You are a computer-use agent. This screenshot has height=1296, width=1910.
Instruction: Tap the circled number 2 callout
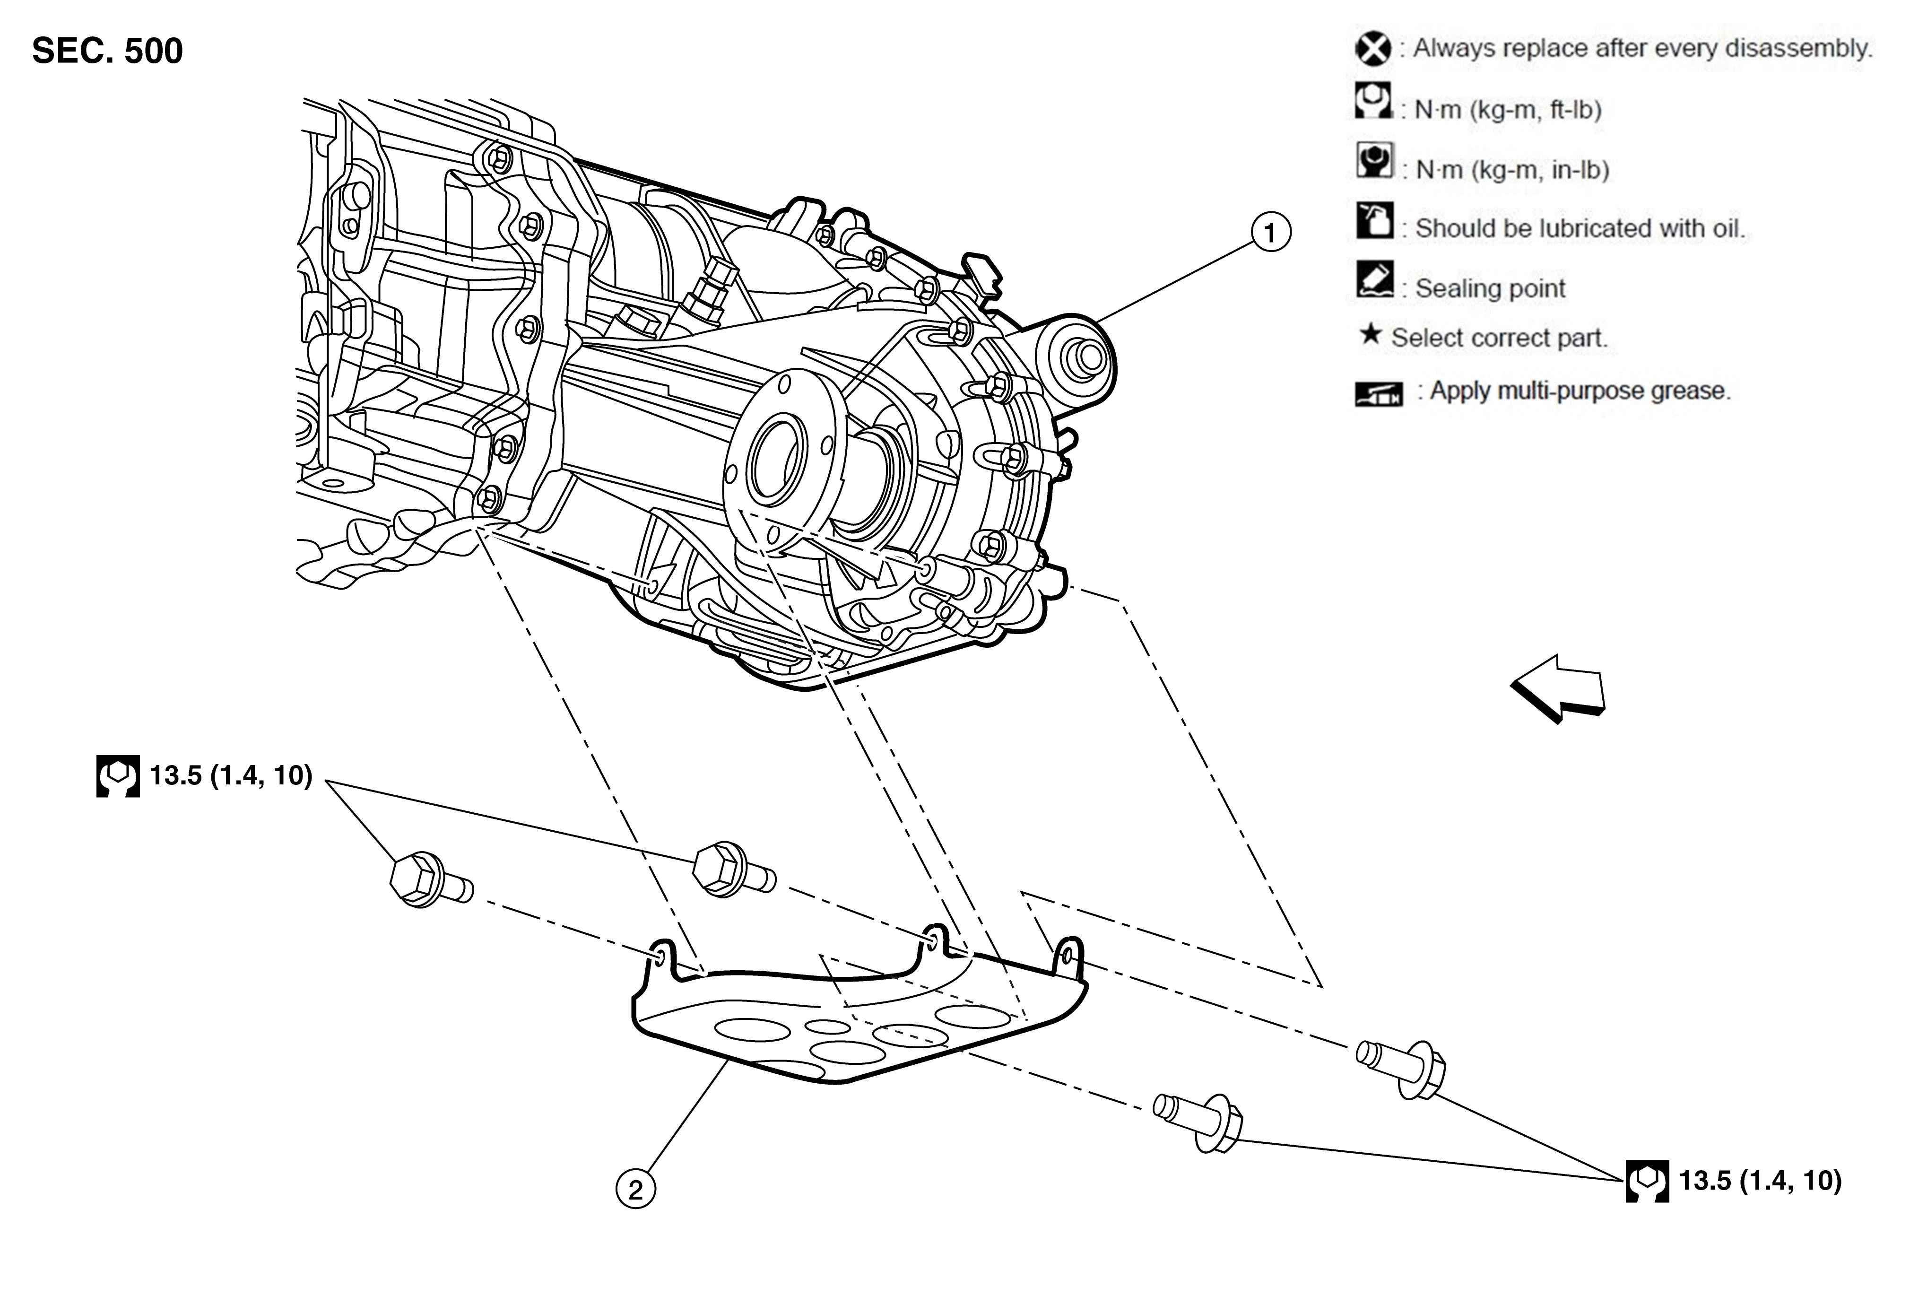coord(635,1189)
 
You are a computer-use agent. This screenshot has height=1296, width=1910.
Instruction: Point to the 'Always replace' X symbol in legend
coord(1372,49)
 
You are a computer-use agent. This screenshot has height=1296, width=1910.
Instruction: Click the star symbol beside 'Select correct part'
coord(1369,334)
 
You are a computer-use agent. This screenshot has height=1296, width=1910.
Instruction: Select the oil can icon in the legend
coord(1374,220)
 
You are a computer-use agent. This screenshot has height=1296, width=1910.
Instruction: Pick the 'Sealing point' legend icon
coord(1374,279)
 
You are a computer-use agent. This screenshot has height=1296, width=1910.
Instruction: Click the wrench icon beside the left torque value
coord(118,776)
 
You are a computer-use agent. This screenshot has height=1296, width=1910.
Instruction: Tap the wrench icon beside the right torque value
coord(1647,1181)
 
